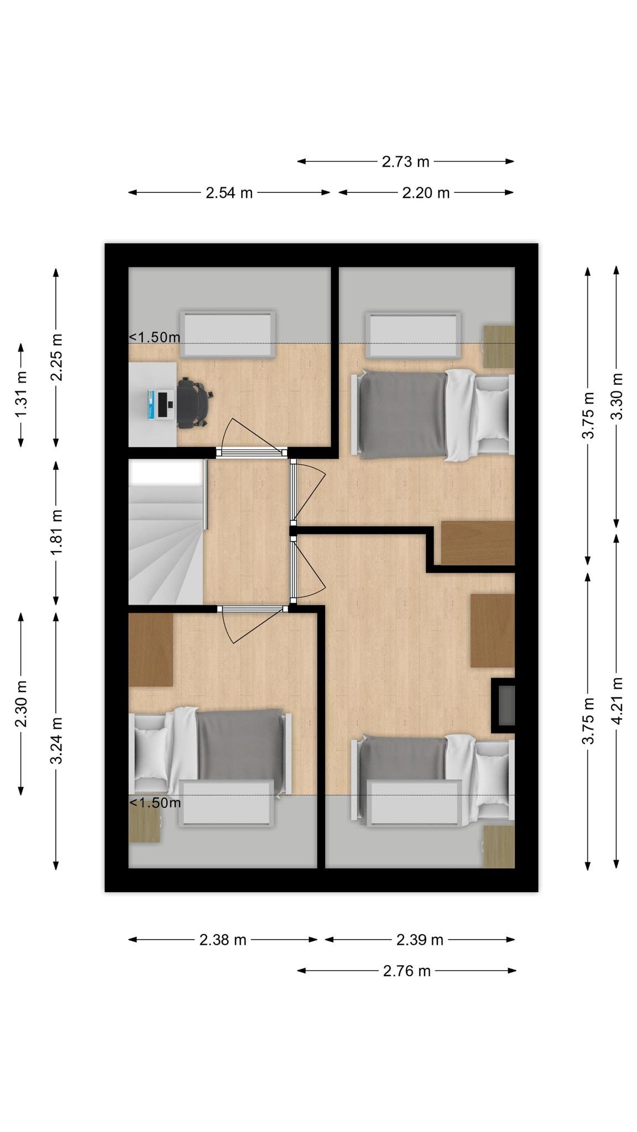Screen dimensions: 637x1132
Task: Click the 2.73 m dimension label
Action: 405,161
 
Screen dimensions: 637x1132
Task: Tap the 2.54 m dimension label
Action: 229,193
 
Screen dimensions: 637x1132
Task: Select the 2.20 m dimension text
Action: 426,193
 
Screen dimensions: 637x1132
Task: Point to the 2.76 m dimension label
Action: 406,971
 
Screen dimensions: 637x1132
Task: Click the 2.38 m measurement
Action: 223,940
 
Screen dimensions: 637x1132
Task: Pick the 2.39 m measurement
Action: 420,940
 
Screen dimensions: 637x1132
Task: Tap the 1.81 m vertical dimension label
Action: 56,532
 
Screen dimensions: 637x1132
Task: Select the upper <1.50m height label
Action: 155,337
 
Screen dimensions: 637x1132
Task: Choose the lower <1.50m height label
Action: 155,803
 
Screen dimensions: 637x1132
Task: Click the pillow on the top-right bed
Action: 492,414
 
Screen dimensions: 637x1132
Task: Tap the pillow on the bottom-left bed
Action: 150,753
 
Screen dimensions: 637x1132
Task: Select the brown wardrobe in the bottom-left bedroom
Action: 150,649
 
